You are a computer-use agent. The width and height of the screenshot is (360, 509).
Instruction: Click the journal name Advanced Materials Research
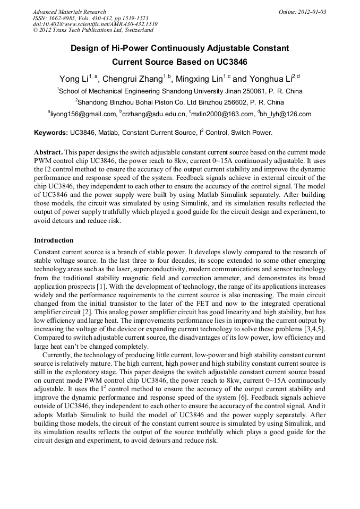(x=69, y=12)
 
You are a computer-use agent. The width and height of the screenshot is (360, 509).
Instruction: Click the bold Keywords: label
(x=51, y=132)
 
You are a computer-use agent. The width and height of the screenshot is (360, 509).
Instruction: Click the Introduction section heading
(x=54, y=240)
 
